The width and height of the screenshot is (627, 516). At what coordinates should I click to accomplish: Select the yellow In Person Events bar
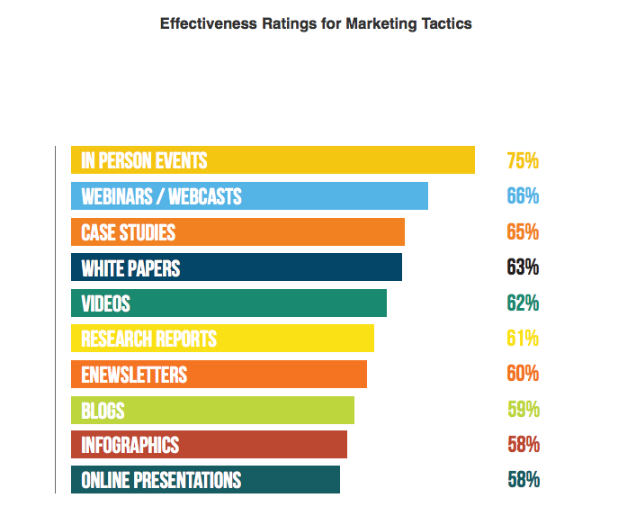pos(273,160)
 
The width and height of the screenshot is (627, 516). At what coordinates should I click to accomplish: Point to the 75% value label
pos(522,161)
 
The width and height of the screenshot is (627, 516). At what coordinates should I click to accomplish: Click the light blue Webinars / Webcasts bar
pos(249,195)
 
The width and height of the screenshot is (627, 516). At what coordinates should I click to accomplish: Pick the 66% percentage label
pos(522,196)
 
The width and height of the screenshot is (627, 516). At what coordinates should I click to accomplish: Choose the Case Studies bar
pos(237,231)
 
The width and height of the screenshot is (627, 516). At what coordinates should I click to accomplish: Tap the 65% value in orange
pos(522,231)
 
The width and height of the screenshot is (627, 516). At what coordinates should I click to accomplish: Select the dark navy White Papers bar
pos(237,267)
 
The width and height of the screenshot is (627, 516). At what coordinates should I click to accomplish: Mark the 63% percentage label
pos(522,267)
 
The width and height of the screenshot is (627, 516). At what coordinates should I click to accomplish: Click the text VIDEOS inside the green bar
pos(105,303)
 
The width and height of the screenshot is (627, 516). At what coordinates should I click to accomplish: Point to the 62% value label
pos(522,303)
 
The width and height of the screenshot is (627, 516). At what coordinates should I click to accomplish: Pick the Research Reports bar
pos(222,339)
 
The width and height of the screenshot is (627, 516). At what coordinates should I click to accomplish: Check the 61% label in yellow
pos(522,339)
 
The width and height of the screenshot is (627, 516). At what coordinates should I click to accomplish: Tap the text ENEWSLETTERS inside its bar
pos(134,374)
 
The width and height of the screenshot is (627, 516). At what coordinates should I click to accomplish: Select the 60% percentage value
pos(522,374)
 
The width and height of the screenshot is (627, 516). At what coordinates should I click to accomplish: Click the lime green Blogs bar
pos(212,410)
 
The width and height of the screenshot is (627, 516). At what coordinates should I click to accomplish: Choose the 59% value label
pos(522,410)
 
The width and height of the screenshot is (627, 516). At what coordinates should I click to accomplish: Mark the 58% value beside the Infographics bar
pos(522,444)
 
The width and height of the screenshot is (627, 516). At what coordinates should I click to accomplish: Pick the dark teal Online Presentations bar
pos(205,480)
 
